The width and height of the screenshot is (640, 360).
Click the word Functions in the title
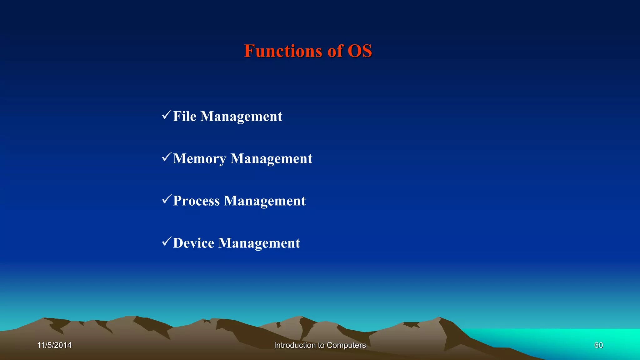pyautogui.click(x=283, y=51)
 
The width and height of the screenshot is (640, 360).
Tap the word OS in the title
pyautogui.click(x=360, y=51)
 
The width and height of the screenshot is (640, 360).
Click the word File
pyautogui.click(x=185, y=116)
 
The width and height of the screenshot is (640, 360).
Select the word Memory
pyautogui.click(x=200, y=159)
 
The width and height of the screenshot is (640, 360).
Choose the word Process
pyautogui.click(x=197, y=201)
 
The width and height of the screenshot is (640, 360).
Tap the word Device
pyautogui.click(x=194, y=243)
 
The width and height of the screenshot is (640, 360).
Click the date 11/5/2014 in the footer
pyautogui.click(x=54, y=345)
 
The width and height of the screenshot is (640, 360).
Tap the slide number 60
pyautogui.click(x=598, y=345)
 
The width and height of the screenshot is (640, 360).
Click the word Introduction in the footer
pyautogui.click(x=295, y=345)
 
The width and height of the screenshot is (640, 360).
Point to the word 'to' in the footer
pyautogui.click(x=321, y=345)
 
